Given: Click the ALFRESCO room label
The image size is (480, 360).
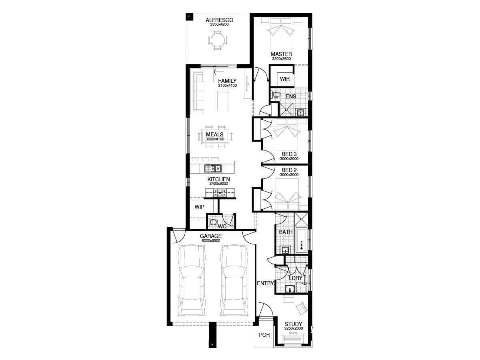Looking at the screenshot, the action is pos(219,20).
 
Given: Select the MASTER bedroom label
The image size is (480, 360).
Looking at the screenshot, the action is pos(281,54).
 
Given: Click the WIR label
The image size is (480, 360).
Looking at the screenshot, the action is pos(284,79).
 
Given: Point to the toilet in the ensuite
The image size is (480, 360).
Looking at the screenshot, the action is pos(276,95).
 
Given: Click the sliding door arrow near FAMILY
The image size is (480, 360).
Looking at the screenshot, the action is pos(219,72).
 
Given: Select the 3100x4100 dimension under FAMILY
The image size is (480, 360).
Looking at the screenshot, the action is pos(228,86).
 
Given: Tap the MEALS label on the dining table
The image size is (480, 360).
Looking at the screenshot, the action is pos(214,134).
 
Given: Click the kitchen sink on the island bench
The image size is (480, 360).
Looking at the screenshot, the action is pos(213,168).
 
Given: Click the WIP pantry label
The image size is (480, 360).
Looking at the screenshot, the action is pos(199,207).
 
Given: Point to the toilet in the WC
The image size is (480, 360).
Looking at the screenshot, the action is pos(213,222).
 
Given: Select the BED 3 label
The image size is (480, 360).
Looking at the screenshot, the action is pos(289,154).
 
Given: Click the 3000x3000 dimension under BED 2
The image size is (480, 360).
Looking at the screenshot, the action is pos(289,175).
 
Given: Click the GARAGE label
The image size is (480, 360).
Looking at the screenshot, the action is pos(210,236).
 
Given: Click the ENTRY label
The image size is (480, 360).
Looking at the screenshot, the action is pos(265,283).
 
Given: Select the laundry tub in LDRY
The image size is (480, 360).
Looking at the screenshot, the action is pos(290,289).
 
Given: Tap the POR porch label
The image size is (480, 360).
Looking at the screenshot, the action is pos(264,335).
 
